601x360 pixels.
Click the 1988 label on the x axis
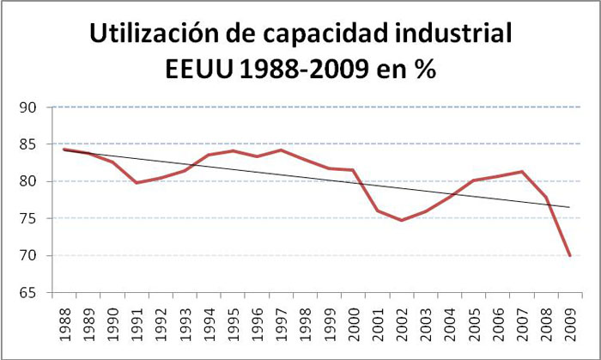pyautogui.click(x=65, y=322)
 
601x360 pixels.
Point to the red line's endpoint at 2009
pyautogui.click(x=569, y=255)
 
